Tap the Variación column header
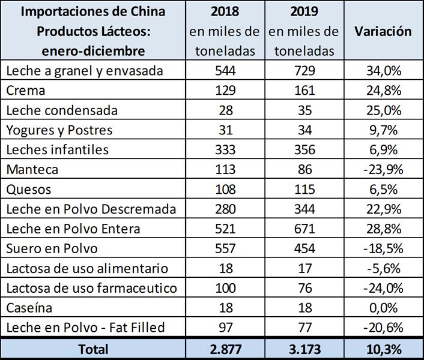tap(383, 31)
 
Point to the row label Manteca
tap(32, 169)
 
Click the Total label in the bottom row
tap(92, 349)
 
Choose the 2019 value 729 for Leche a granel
tap(303, 71)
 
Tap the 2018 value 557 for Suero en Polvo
tap(225, 248)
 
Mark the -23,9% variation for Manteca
tap(383, 169)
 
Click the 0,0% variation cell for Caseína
tap(383, 308)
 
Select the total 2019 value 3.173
tap(303, 349)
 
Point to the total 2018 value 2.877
tap(225, 349)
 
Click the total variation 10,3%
tap(383, 349)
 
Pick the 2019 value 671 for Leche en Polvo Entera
tap(303, 229)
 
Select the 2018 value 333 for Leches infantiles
tap(225, 150)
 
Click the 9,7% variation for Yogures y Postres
tap(383, 130)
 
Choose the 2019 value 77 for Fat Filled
tap(303, 328)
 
